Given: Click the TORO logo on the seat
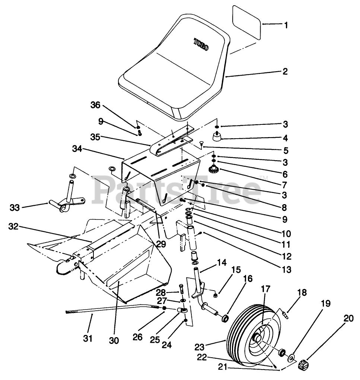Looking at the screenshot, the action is [200, 45].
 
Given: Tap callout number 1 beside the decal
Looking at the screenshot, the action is [286, 25].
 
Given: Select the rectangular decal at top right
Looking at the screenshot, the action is [247, 22].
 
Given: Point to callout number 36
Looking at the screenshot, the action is [95, 105].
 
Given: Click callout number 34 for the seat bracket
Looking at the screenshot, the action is [77, 149].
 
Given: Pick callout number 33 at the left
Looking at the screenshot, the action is [15, 208].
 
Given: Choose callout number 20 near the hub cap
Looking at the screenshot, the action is [348, 318].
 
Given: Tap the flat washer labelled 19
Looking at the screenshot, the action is [291, 358].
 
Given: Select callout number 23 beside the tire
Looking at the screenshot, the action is [200, 347].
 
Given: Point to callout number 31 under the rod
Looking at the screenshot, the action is [87, 338].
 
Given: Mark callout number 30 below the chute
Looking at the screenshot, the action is [114, 341].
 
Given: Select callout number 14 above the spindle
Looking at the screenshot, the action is [222, 263].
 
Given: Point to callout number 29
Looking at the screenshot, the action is [161, 244].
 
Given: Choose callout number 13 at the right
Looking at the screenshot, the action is [286, 269].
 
